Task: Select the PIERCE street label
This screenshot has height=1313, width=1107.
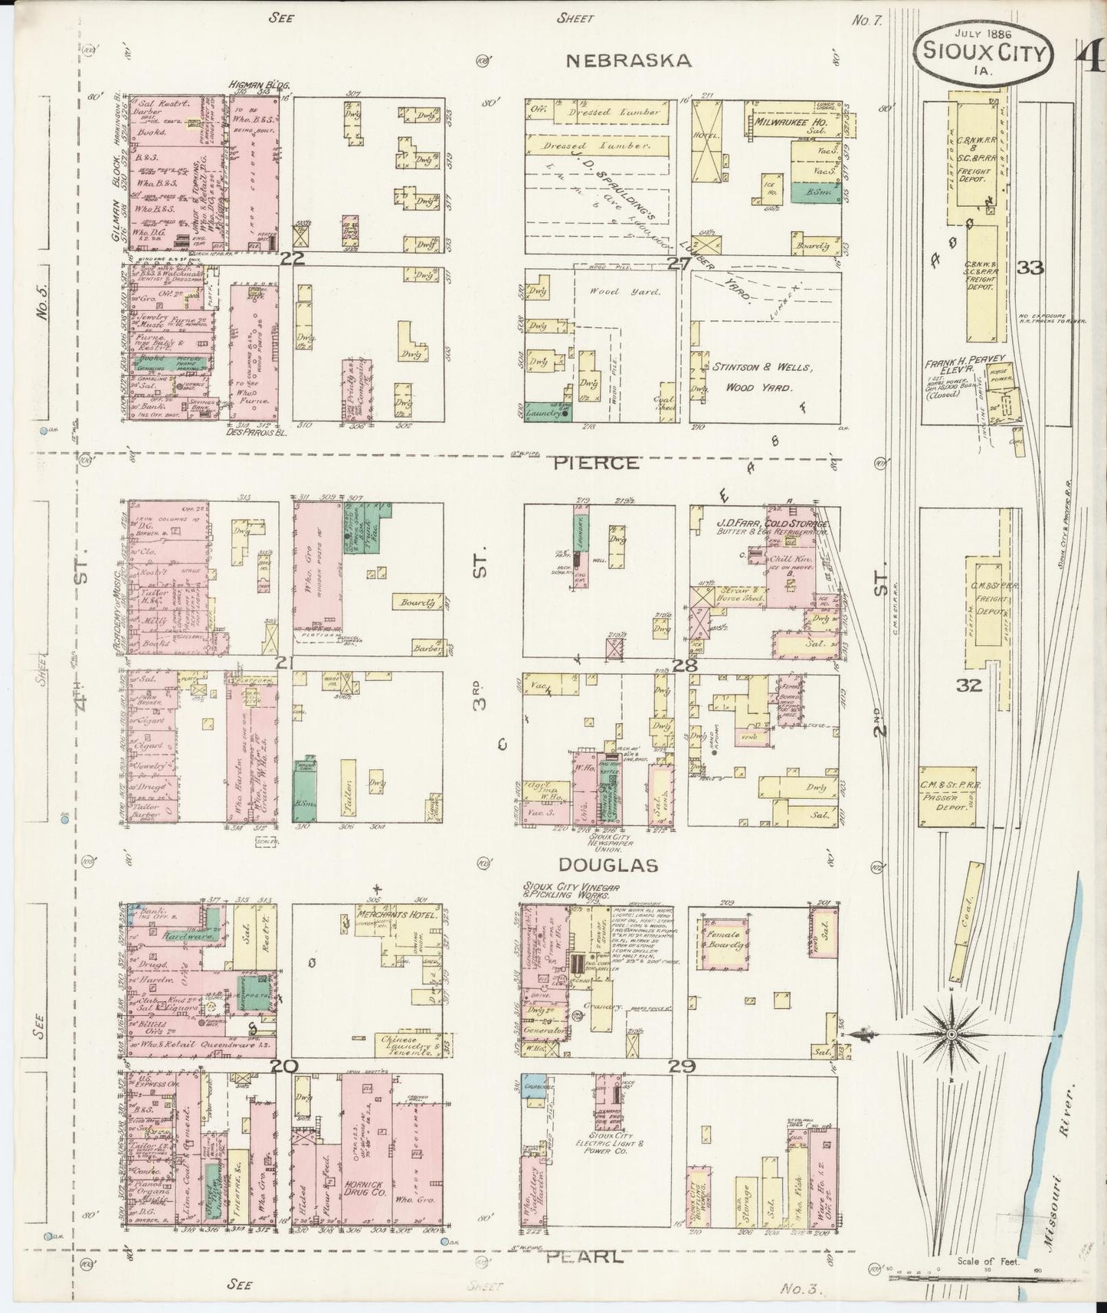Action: click(596, 463)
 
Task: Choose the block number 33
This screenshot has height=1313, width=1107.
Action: click(1030, 267)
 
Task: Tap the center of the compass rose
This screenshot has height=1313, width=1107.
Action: click(951, 1035)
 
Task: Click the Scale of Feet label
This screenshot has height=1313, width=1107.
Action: click(987, 1260)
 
